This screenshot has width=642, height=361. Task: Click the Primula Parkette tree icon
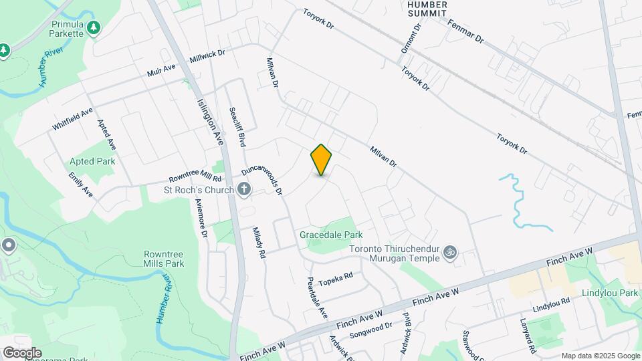pos(95,27)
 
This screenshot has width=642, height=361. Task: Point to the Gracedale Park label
pos(330,235)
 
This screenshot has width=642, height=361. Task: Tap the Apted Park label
pos(92,161)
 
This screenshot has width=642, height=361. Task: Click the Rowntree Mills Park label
pos(163,259)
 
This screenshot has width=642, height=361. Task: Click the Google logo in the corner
pos(22,352)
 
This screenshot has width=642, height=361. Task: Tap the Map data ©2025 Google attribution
pos(601,356)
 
